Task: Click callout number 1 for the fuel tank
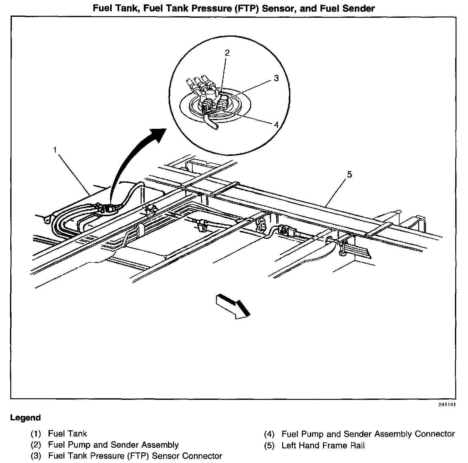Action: [55, 150]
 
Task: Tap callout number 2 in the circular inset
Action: [227, 53]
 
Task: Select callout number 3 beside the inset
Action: [276, 78]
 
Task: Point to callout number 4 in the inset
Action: [276, 125]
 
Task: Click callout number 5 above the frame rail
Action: [349, 175]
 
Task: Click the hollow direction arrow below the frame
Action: [233, 306]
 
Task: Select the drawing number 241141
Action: [447, 405]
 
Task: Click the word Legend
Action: [26, 418]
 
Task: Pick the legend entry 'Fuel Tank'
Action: [68, 433]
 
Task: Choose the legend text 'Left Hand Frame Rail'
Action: [323, 445]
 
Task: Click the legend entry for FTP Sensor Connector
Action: [135, 456]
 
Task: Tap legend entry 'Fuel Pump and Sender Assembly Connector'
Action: [368, 434]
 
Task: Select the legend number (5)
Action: [269, 445]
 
